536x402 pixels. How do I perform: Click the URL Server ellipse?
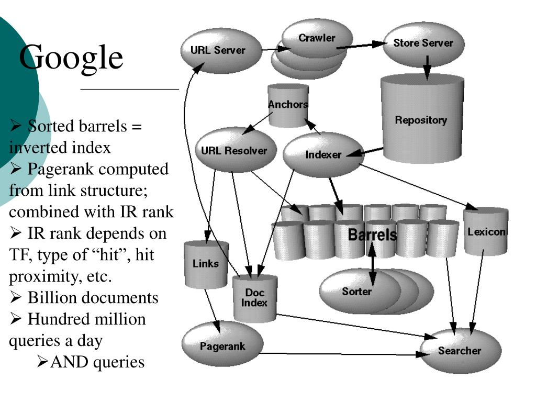[221, 51]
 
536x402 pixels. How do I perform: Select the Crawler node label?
[317, 38]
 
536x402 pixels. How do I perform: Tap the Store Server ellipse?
[423, 43]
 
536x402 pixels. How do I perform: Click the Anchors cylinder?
[288, 105]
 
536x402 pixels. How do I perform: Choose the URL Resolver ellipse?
[236, 150]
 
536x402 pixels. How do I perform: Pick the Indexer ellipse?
[323, 154]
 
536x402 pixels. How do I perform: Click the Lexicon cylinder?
[486, 231]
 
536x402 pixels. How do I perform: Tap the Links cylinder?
[206, 264]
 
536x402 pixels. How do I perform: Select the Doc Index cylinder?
[255, 298]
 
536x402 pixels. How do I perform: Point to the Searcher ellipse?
[460, 351]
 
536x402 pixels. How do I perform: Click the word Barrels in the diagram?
[372, 234]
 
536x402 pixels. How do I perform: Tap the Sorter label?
[356, 291]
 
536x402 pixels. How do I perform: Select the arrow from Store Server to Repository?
[427, 68]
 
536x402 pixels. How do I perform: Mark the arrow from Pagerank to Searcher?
[345, 354]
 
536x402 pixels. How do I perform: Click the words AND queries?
[97, 362]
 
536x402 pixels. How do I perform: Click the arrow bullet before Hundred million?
[16, 319]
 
